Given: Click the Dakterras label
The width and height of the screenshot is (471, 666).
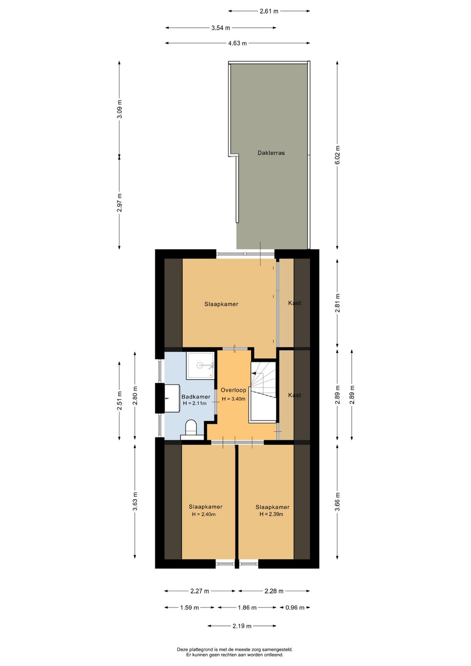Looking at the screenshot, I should click(x=271, y=153).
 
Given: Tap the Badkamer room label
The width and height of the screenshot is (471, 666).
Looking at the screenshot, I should click(x=196, y=397).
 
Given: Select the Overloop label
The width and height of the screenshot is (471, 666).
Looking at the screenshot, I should click(x=233, y=390).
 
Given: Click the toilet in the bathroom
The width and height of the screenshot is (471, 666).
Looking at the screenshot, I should click(x=191, y=427).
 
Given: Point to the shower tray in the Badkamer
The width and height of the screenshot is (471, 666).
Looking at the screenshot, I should click(x=200, y=365).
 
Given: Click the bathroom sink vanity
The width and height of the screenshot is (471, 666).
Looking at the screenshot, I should click(x=171, y=398).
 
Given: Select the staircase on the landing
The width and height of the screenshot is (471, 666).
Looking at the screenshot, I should click(x=263, y=391).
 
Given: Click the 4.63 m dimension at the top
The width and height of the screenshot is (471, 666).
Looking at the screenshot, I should click(x=237, y=43).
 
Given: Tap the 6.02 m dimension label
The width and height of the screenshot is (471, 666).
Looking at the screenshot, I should click(x=337, y=155).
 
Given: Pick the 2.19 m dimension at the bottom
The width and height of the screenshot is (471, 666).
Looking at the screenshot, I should click(x=242, y=626).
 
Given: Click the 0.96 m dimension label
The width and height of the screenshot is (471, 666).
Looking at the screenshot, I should click(x=295, y=608).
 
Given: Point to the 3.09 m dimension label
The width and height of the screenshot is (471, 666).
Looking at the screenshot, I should click(x=119, y=109).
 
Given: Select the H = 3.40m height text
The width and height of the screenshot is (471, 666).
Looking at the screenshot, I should click(x=233, y=399).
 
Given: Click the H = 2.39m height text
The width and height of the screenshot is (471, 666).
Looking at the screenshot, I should click(x=271, y=514).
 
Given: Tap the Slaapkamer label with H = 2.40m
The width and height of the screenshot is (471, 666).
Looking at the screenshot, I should click(x=205, y=507).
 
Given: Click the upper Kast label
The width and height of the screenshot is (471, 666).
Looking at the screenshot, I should click(x=294, y=303).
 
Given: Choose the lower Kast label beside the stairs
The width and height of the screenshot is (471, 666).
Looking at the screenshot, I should click(x=294, y=395).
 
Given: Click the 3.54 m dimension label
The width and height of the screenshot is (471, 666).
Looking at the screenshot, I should click(x=221, y=28).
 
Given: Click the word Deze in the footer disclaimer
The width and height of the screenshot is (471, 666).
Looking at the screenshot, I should click(x=183, y=649).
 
